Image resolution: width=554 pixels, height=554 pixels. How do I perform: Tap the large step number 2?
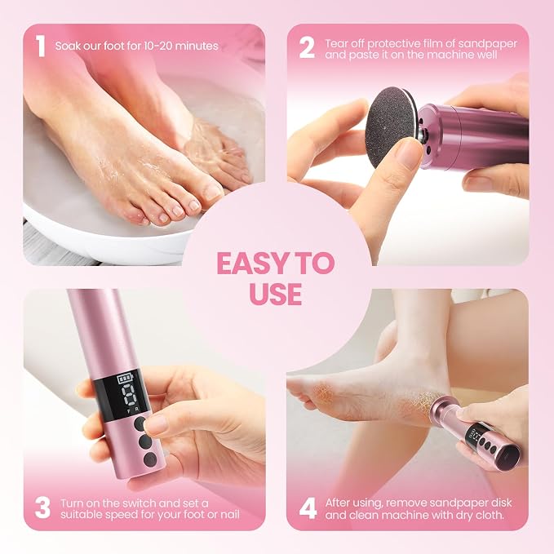[307, 47]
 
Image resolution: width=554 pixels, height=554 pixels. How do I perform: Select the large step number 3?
[42, 508]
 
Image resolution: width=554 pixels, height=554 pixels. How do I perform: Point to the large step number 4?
[308, 508]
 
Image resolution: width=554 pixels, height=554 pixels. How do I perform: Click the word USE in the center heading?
[276, 294]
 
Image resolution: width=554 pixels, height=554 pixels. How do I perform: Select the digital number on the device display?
[128, 396]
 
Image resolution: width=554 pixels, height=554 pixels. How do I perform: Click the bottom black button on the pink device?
[150, 459]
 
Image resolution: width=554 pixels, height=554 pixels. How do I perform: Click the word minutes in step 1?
[197, 46]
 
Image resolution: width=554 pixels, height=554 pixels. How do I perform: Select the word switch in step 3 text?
[136, 503]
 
